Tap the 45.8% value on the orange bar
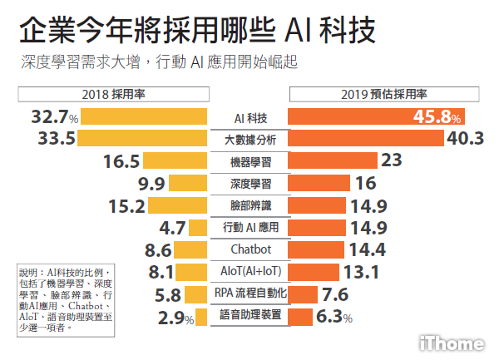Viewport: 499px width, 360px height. coord(437,116)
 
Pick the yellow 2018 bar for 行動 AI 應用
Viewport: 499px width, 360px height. coord(198,227)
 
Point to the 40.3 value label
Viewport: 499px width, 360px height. coord(466,138)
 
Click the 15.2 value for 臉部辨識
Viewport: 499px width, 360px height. coord(126,205)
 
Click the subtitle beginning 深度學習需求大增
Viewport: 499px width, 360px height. coord(158,62)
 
